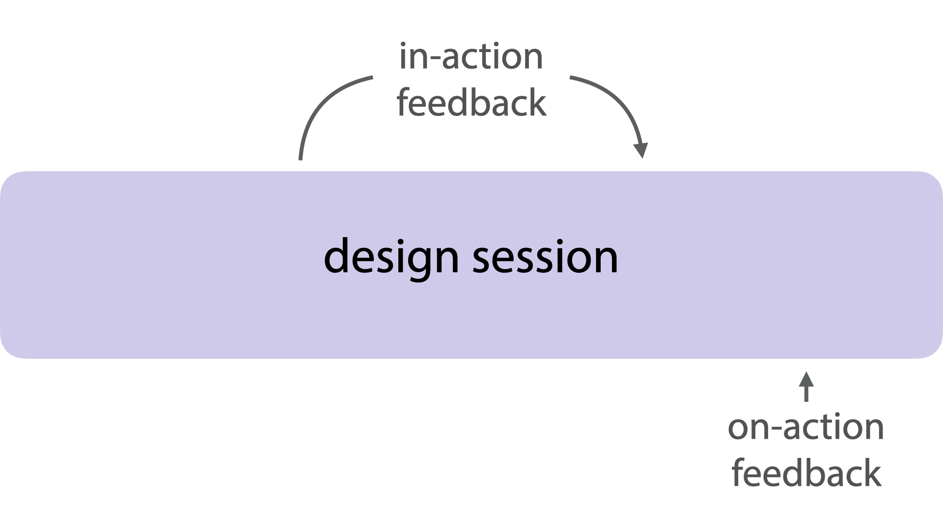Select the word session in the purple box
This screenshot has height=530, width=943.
tap(545, 257)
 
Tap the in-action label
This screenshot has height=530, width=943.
tap(471, 56)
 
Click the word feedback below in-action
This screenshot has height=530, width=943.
tap(471, 103)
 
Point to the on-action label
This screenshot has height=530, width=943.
tap(806, 427)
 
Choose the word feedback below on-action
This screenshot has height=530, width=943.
tap(806, 473)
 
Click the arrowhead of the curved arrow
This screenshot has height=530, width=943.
tap(640, 150)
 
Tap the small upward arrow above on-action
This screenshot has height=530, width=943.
tap(806, 387)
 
